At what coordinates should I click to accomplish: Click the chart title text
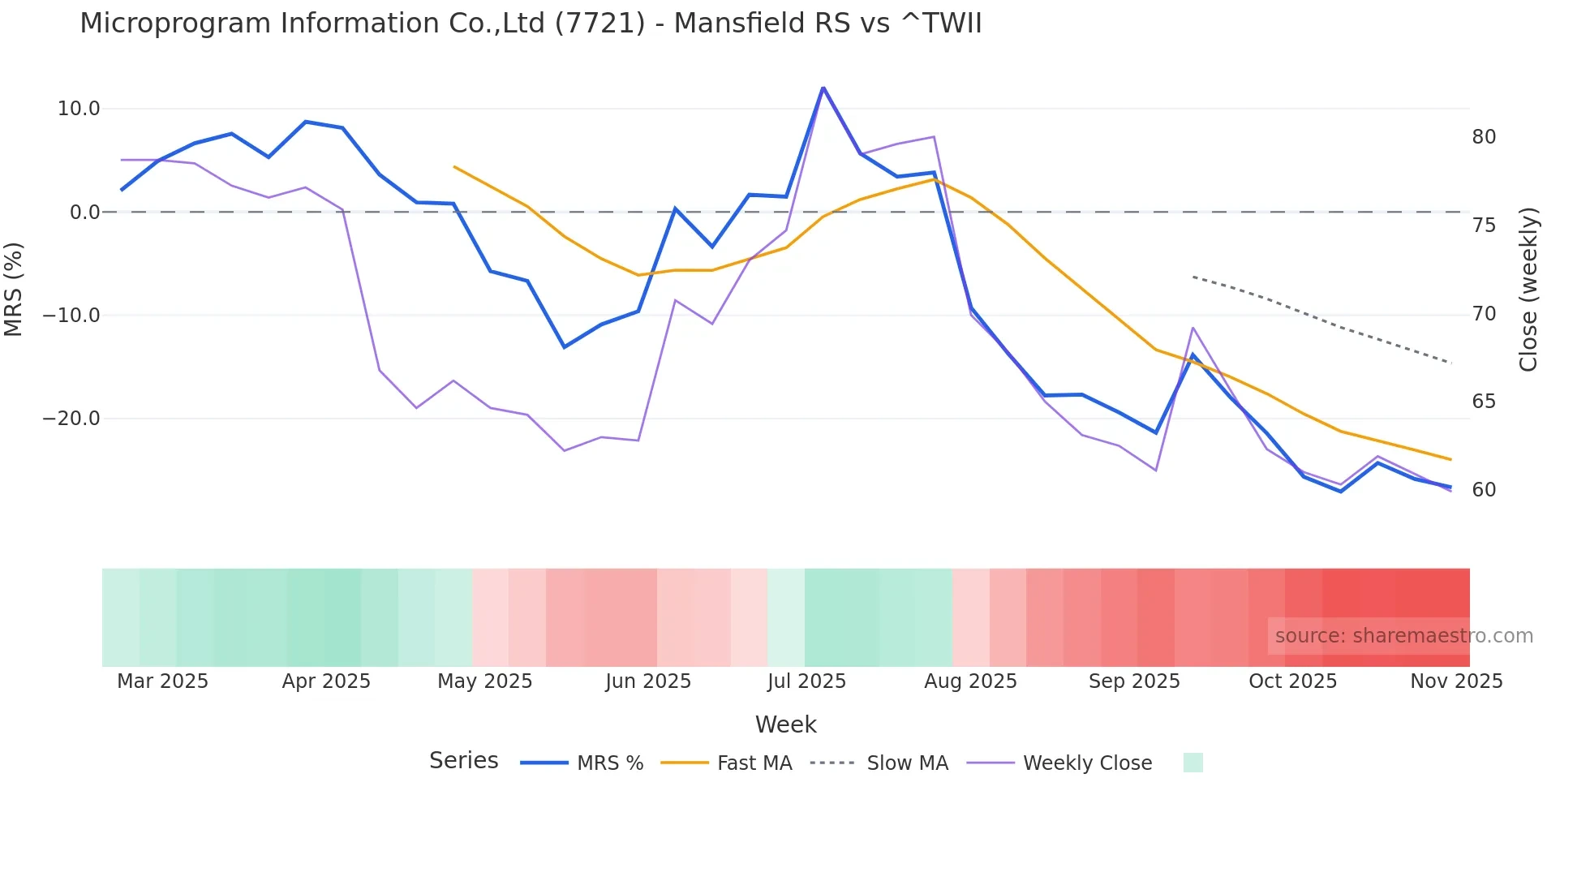point(531,24)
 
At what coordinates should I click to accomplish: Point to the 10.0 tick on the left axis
point(79,109)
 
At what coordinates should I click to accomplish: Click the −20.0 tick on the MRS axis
point(71,419)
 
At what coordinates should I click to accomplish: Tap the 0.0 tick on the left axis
point(84,213)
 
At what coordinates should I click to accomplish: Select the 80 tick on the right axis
point(1484,137)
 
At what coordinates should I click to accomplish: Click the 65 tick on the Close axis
point(1484,402)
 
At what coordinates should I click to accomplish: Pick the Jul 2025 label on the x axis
point(806,681)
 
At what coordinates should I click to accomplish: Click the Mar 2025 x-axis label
point(162,681)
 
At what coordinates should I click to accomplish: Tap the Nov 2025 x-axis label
point(1456,681)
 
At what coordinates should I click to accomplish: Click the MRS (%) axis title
point(14,289)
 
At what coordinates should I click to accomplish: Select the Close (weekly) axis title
point(1528,290)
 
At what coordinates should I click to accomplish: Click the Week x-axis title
point(785,724)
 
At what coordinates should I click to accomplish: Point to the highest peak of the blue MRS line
point(823,88)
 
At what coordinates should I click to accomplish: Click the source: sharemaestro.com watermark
point(1403,636)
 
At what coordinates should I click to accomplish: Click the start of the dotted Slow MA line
point(1193,277)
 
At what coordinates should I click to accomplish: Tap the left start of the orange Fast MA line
point(454,166)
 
